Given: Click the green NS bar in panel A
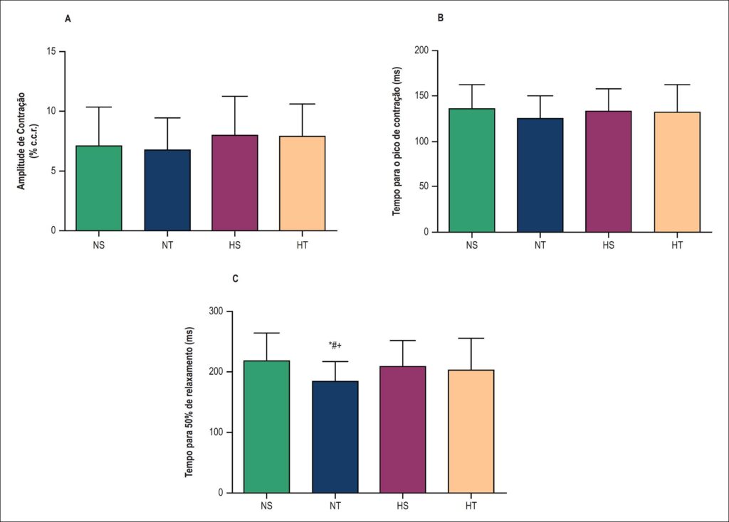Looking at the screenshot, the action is pyautogui.click(x=99, y=188).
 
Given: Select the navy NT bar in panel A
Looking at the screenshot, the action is pyautogui.click(x=167, y=190).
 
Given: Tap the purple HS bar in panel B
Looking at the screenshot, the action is pyautogui.click(x=608, y=171).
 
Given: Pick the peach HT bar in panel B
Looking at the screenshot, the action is pyautogui.click(x=677, y=172).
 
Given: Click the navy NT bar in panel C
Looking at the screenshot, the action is pyautogui.click(x=335, y=437).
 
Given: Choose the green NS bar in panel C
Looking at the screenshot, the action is pyautogui.click(x=267, y=427).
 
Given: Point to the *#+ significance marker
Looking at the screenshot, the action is pyautogui.click(x=335, y=346).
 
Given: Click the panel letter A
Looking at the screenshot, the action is pyautogui.click(x=68, y=19).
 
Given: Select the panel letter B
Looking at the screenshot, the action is pyautogui.click(x=441, y=18).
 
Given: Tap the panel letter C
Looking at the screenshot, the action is pyautogui.click(x=235, y=279).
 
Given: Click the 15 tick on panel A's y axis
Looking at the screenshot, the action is pyautogui.click(x=51, y=51).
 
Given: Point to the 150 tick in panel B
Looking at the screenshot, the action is pyautogui.click(x=422, y=96).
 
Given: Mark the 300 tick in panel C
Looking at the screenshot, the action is pyautogui.click(x=216, y=311).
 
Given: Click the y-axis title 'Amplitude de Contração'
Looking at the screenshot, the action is pyautogui.click(x=21, y=141).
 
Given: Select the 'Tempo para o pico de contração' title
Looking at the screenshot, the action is pyautogui.click(x=396, y=142).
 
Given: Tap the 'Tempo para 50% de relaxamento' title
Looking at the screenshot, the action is pyautogui.click(x=189, y=403).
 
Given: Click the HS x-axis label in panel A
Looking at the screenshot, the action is pyautogui.click(x=235, y=245).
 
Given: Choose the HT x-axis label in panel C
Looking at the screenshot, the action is pyautogui.click(x=471, y=506).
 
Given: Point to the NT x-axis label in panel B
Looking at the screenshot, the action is pyautogui.click(x=540, y=245).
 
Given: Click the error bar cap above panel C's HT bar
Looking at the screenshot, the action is pyautogui.click(x=471, y=338).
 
